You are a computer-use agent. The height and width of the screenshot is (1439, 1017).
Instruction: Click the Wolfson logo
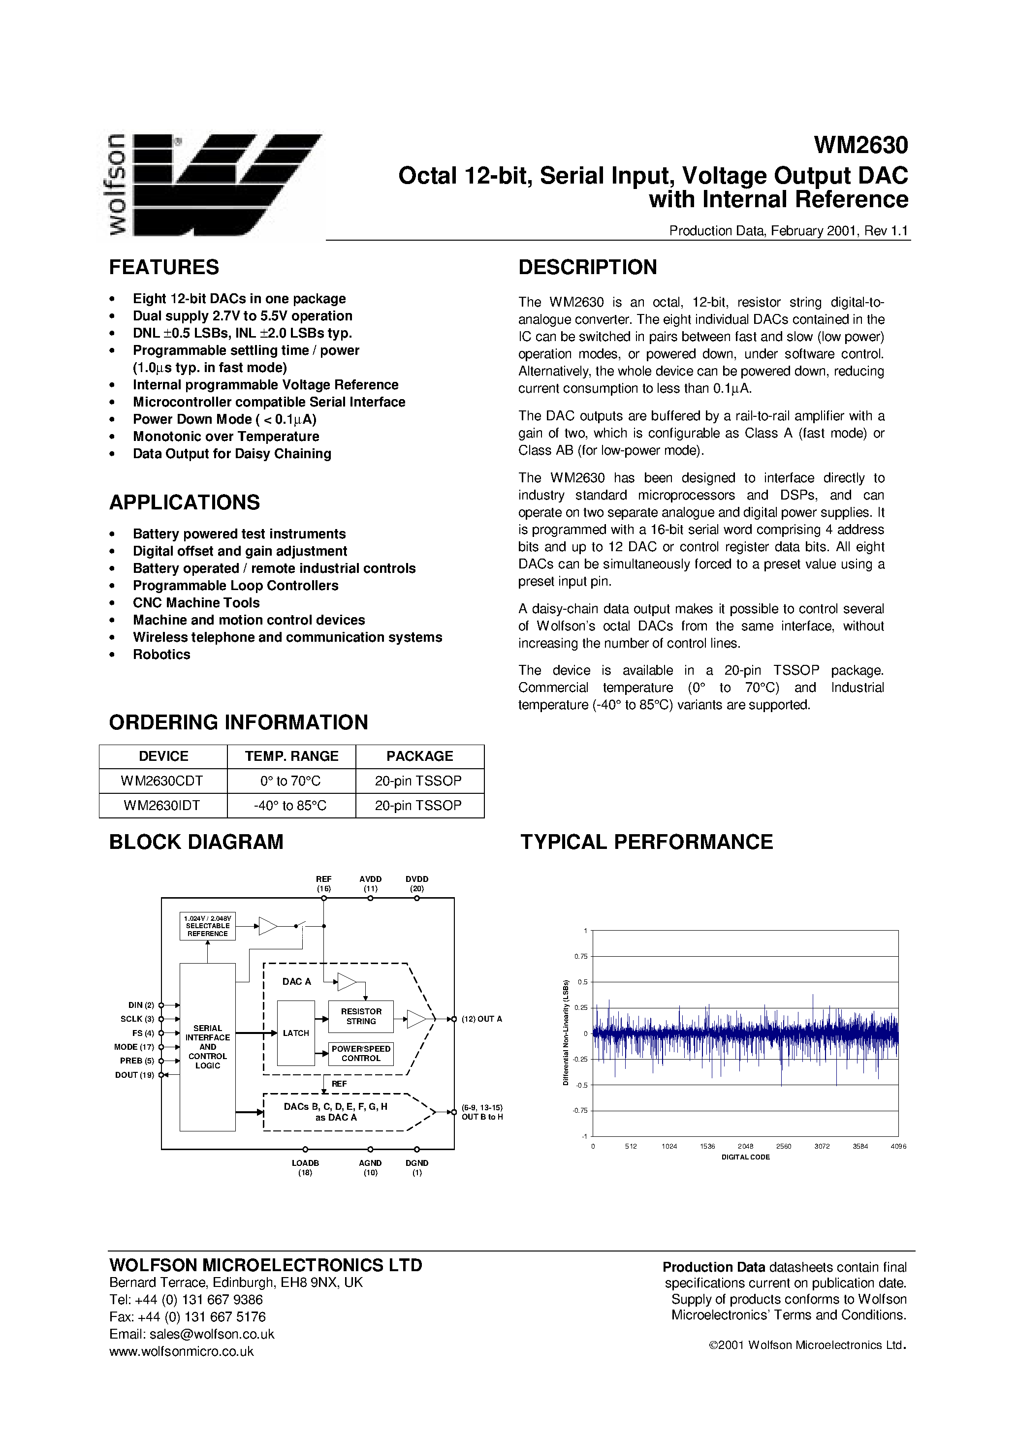click(x=212, y=185)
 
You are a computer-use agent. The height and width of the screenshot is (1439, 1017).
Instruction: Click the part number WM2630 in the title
click(x=860, y=145)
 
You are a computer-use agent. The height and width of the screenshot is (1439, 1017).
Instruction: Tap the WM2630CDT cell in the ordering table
click(x=163, y=781)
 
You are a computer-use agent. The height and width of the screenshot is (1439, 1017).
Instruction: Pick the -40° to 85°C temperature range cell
click(x=291, y=805)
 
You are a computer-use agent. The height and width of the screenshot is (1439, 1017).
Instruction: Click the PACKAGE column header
click(x=419, y=756)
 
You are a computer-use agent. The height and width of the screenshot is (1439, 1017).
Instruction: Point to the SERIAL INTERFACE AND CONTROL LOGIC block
click(x=208, y=1047)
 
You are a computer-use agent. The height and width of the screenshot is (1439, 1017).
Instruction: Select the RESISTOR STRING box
click(x=361, y=1016)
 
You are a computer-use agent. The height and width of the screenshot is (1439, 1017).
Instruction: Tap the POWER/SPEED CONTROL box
click(x=361, y=1054)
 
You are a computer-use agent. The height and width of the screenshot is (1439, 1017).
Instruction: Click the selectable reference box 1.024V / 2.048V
click(x=208, y=926)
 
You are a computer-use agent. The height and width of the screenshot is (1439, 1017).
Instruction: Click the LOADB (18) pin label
click(x=305, y=1167)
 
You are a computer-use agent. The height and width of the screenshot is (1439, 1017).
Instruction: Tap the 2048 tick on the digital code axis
click(x=745, y=1146)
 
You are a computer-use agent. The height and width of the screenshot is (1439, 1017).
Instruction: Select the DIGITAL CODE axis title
click(x=745, y=1157)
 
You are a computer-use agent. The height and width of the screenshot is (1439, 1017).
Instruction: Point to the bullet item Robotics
click(x=161, y=655)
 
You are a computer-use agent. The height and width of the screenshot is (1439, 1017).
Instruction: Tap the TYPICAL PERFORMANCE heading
click(x=646, y=842)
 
